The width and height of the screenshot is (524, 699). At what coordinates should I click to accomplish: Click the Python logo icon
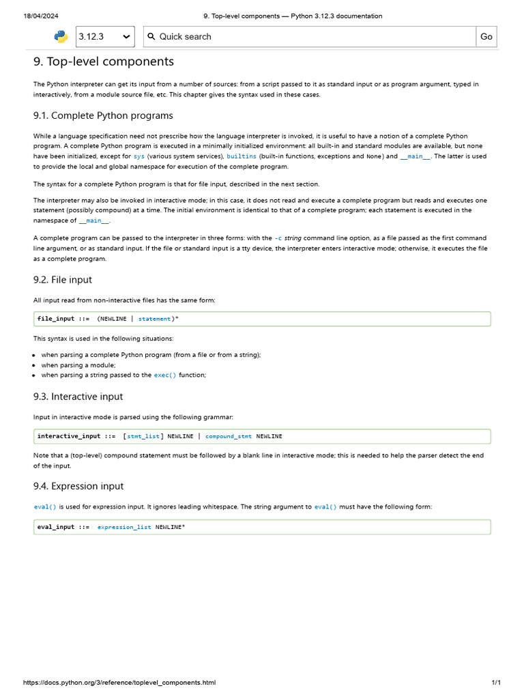(x=61, y=37)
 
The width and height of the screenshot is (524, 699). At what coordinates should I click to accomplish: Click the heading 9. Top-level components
(x=104, y=62)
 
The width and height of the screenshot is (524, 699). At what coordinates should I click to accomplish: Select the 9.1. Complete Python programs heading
(x=103, y=115)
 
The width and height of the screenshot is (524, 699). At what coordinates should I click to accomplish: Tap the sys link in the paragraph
(x=139, y=156)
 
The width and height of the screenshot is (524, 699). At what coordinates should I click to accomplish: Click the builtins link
(x=242, y=156)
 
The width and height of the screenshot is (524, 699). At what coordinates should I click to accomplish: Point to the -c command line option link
(x=278, y=238)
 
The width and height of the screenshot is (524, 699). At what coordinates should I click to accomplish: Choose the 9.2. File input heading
(x=63, y=280)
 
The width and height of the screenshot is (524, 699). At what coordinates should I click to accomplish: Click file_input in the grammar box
(x=56, y=319)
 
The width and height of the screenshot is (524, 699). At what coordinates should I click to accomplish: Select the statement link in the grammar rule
(x=154, y=319)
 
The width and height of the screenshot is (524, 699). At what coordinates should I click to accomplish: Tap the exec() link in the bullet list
(x=164, y=375)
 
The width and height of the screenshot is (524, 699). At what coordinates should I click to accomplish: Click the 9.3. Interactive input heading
(x=78, y=397)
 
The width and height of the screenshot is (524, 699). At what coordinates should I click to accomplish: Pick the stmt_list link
(x=143, y=436)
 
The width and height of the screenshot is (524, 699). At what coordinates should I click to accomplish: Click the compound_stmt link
(x=229, y=436)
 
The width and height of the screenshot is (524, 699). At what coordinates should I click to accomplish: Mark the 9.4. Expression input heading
(x=78, y=486)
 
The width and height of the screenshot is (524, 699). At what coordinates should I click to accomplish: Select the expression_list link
(x=124, y=527)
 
